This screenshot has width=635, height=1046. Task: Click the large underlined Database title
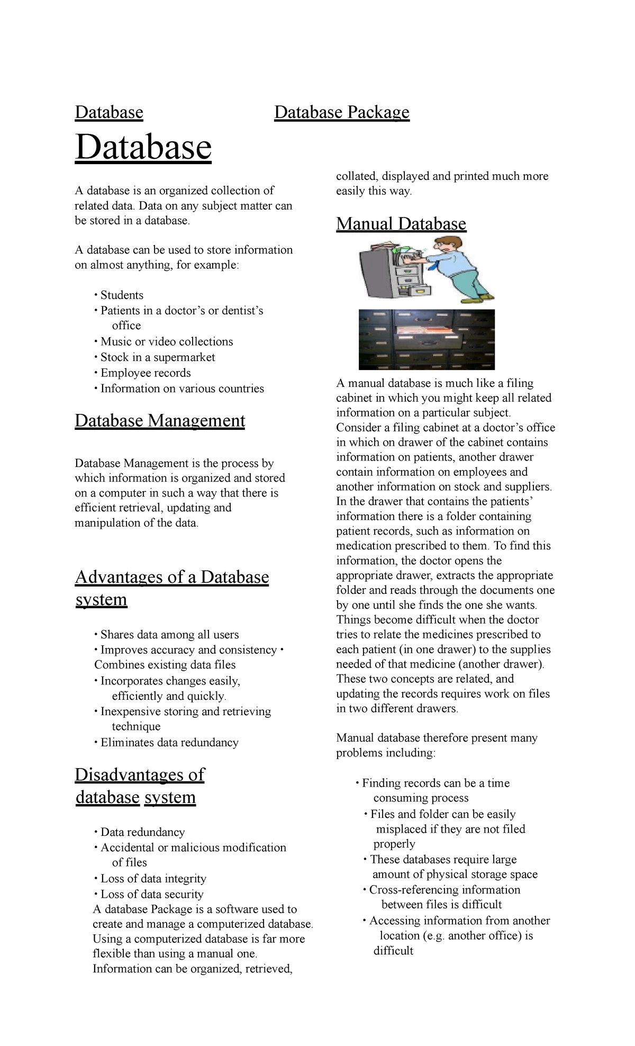coord(143,148)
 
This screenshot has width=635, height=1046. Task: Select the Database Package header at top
coord(341,112)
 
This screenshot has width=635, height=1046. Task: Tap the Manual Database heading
coord(401,224)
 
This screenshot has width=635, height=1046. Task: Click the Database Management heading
coord(160,420)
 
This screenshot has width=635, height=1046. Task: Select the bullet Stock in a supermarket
coord(157,357)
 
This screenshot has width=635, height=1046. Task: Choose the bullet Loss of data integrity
coord(153,879)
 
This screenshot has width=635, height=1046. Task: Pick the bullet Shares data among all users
coord(169,635)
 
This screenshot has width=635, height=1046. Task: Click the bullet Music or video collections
coord(166,342)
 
